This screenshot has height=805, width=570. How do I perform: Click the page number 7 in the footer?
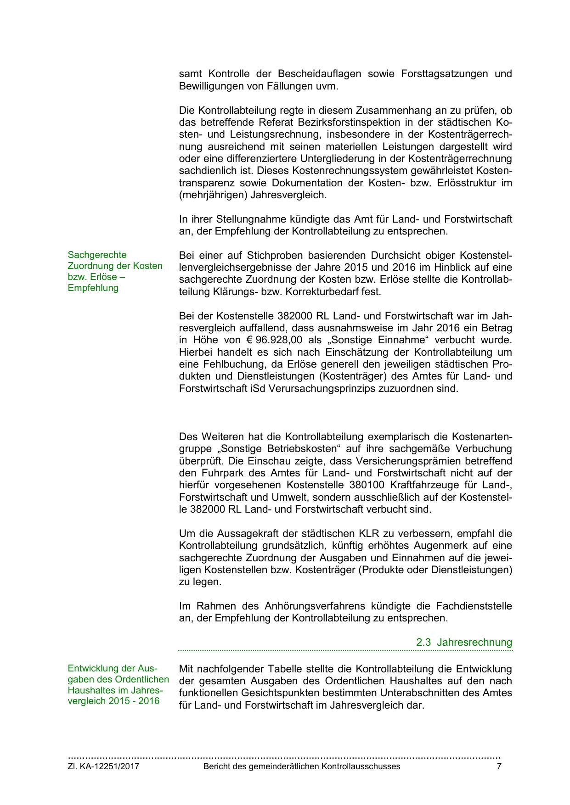point(499,766)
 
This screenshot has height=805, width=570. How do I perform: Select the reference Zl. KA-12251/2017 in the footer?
point(103,766)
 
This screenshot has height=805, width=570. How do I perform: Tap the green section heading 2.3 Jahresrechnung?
point(464,642)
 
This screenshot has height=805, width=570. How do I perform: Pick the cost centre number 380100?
point(367,485)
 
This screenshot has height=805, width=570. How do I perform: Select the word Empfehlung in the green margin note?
point(93,288)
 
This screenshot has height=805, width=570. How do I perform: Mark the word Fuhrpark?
point(215,473)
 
